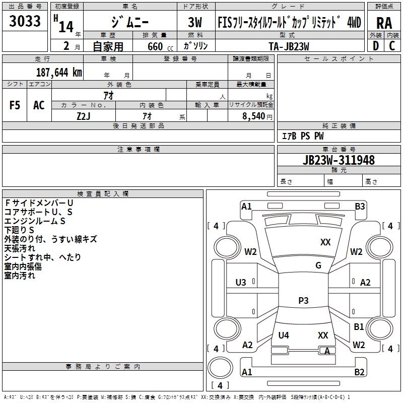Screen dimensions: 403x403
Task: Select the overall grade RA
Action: click(x=384, y=24)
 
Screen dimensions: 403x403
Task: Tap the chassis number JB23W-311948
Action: click(x=339, y=160)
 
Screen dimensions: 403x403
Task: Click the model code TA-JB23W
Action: click(x=289, y=46)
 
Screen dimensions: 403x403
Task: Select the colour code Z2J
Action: click(x=84, y=115)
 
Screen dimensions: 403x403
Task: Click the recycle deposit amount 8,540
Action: click(x=255, y=115)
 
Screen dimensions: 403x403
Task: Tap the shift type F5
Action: click(x=15, y=105)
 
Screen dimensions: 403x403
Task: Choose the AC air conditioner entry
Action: click(x=39, y=105)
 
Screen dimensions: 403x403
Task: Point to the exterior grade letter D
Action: click(x=375, y=46)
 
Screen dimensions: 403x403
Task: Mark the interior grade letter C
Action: click(x=392, y=46)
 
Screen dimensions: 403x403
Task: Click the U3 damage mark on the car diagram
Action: click(x=241, y=283)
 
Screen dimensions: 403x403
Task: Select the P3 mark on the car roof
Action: click(x=303, y=301)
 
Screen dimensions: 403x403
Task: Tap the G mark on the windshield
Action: click(x=318, y=265)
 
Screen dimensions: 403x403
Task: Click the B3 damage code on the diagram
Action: click(x=360, y=206)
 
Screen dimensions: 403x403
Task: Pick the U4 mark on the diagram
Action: click(x=284, y=335)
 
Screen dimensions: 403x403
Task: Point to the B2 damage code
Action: click(x=359, y=372)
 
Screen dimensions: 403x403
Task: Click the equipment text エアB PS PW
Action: click(x=302, y=137)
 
